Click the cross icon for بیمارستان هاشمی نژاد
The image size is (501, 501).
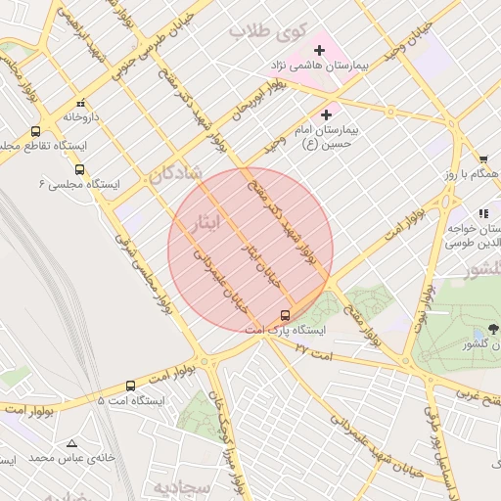(319, 50)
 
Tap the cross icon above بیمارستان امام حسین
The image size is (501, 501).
(326, 115)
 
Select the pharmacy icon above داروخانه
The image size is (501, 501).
(80, 103)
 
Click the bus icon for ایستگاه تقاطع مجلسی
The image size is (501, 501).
(36, 131)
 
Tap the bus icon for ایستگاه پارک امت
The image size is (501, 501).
(285, 315)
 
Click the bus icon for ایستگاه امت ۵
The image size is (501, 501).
(130, 387)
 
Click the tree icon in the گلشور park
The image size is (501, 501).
(492, 330)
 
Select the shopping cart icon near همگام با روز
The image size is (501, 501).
(483, 159)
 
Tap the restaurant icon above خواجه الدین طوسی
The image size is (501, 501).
(482, 213)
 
